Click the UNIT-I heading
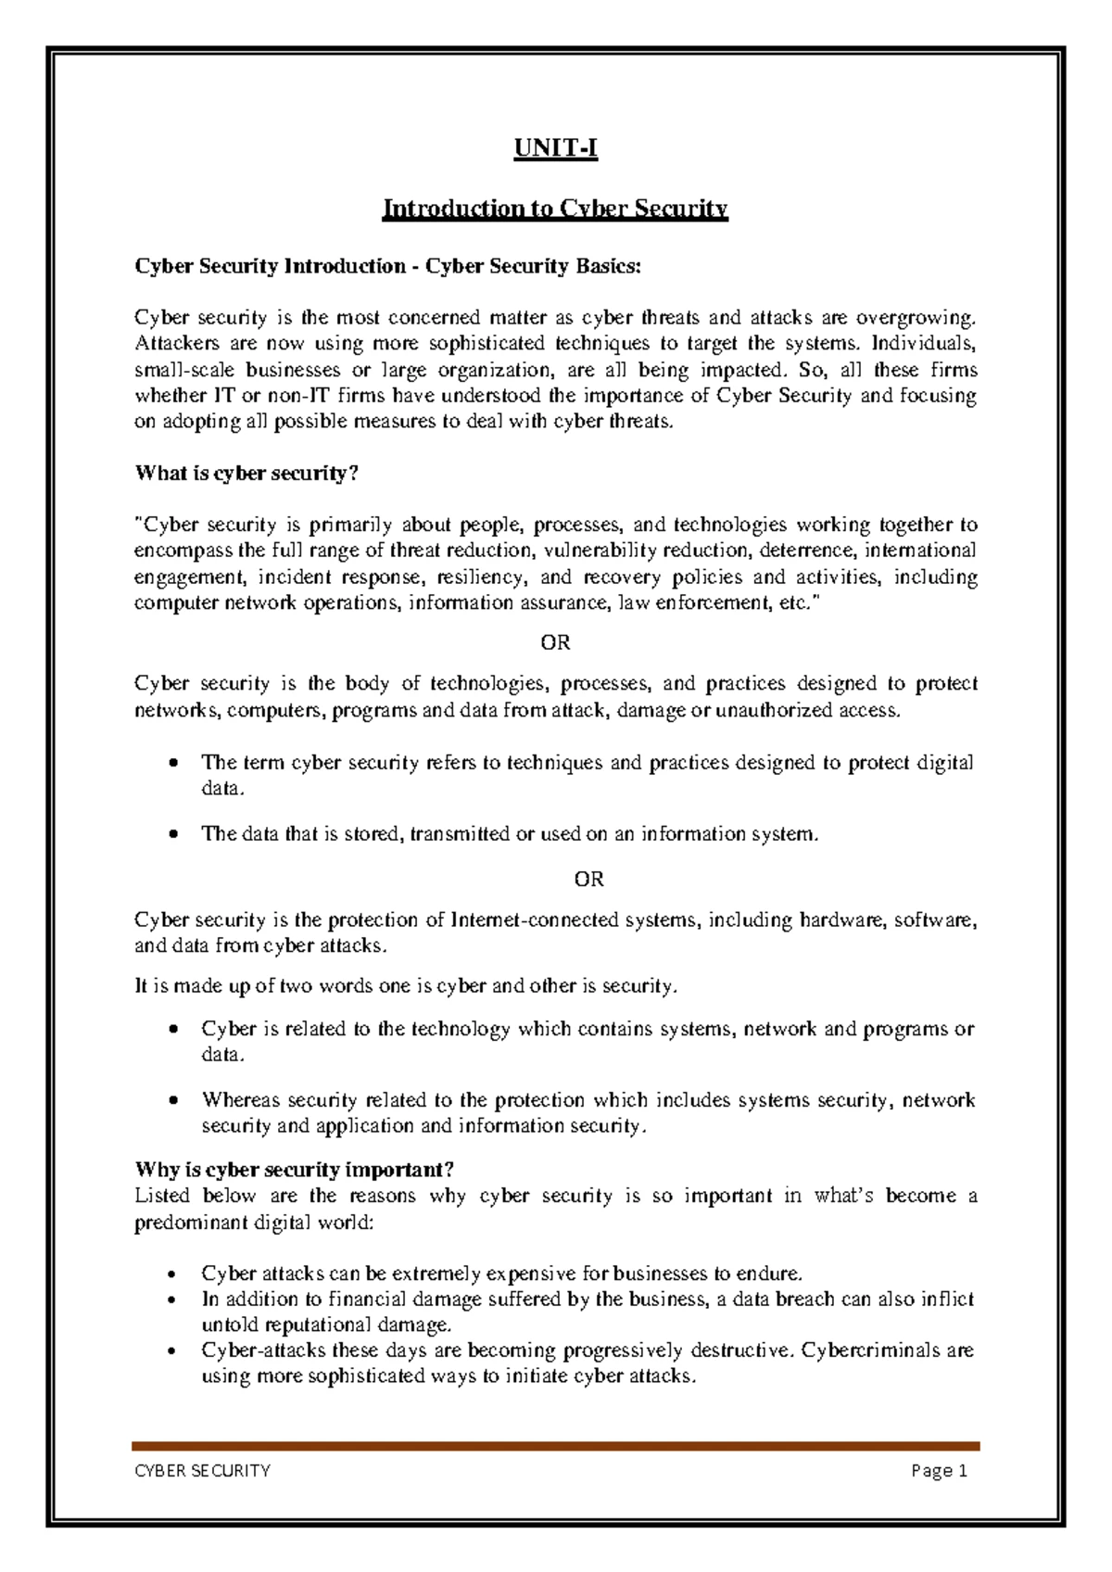pos(556,148)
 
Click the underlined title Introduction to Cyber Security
pos(555,209)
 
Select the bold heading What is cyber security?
pos(246,474)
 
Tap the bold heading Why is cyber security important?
pos(295,1170)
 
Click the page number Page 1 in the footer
pos(939,1471)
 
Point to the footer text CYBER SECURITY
pos(203,1471)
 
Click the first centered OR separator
pos(555,642)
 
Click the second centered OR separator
pos(588,879)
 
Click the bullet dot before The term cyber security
pos(173,764)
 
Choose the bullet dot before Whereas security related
pos(173,1101)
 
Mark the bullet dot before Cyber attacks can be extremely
pos(173,1274)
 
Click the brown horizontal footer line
pos(555,1446)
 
